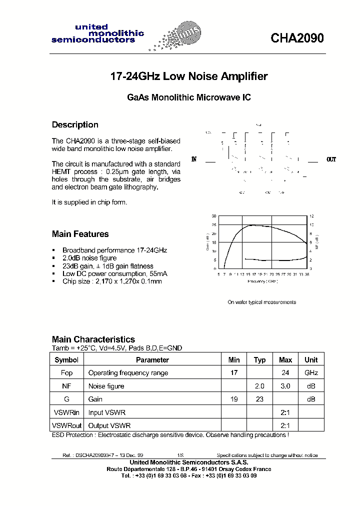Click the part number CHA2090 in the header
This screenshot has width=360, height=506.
(x=297, y=38)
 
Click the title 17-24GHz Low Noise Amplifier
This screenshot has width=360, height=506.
(x=188, y=76)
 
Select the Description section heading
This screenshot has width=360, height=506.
(x=75, y=124)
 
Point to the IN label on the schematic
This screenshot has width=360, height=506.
(x=194, y=160)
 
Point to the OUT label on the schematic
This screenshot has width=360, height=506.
(x=331, y=160)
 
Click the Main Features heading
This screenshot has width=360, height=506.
(x=80, y=234)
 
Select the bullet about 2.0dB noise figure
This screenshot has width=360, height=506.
(x=89, y=258)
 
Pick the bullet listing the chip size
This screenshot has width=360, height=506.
(x=112, y=281)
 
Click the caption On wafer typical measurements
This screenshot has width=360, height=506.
(x=261, y=302)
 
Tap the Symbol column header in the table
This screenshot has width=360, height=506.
(x=66, y=360)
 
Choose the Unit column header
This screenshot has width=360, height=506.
(x=311, y=360)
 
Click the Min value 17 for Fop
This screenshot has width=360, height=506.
(x=234, y=373)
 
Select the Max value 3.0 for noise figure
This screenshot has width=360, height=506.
(x=285, y=386)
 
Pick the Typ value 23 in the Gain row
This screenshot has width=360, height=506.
(x=259, y=399)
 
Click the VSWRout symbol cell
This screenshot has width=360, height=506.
(x=66, y=425)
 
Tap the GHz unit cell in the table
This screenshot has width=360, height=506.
(x=311, y=373)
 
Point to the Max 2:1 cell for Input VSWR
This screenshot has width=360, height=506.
(x=285, y=412)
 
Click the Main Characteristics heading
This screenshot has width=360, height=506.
(x=93, y=339)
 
